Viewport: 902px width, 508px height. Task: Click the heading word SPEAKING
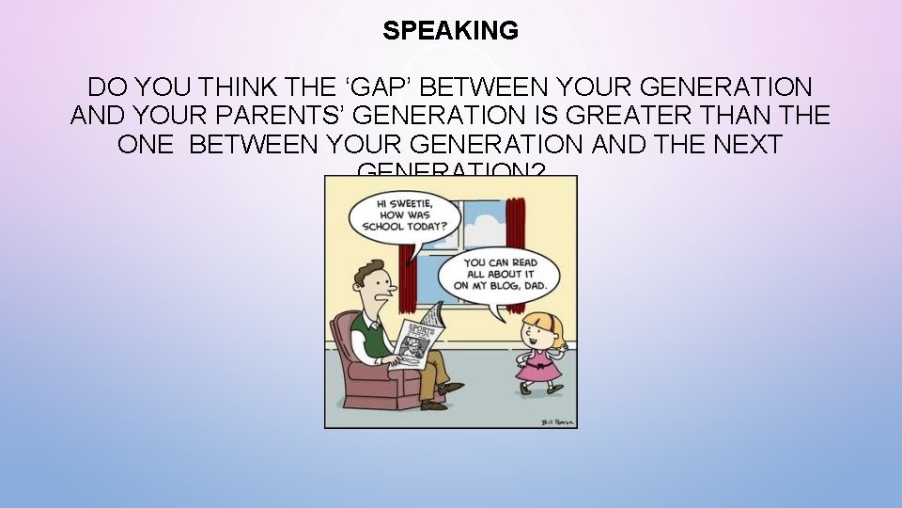point(450,31)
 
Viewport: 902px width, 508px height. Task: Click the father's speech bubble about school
point(404,215)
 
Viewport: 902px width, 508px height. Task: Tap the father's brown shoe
point(451,387)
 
